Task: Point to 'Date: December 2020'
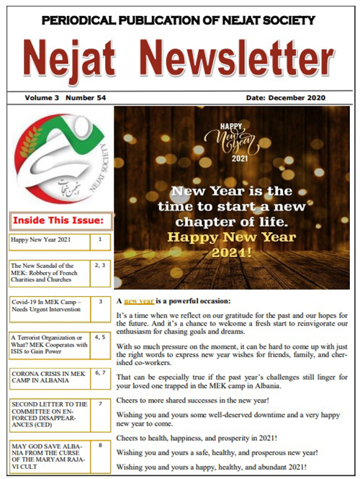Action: (x=285, y=97)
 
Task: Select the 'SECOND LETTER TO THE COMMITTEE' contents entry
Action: (x=49, y=415)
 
